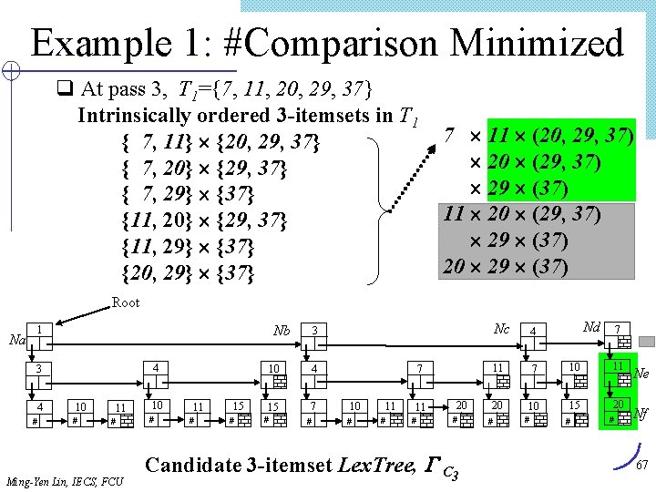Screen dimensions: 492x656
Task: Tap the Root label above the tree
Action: click(x=126, y=302)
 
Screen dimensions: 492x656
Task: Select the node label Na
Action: click(x=16, y=340)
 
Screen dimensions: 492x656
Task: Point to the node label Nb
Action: click(x=282, y=330)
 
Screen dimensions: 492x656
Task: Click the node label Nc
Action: click(x=501, y=328)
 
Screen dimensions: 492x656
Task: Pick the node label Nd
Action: click(x=591, y=326)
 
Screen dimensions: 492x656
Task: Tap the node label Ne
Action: click(x=641, y=373)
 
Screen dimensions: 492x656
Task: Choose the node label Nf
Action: click(x=641, y=412)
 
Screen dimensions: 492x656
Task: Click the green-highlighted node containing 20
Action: click(x=618, y=410)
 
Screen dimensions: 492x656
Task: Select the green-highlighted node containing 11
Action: click(x=618, y=371)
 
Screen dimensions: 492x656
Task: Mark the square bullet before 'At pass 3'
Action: click(x=65, y=89)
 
